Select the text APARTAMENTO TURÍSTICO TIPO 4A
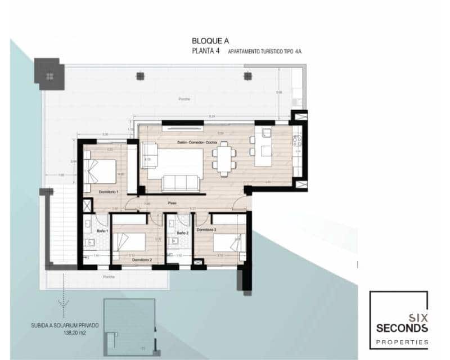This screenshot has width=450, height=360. click(264, 52)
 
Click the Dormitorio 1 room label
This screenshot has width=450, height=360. click(109, 192)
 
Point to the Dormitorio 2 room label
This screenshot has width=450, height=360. click(142, 260)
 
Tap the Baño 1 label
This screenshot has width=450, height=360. click(102, 231)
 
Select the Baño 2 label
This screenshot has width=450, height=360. click(182, 233)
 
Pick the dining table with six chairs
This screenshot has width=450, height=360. click(224, 157)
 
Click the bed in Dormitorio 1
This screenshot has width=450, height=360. click(102, 169)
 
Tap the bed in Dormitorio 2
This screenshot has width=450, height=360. click(129, 243)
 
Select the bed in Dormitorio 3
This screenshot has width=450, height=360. click(227, 243)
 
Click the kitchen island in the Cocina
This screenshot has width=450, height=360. click(263, 146)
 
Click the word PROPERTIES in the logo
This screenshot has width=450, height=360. click(399, 341)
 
